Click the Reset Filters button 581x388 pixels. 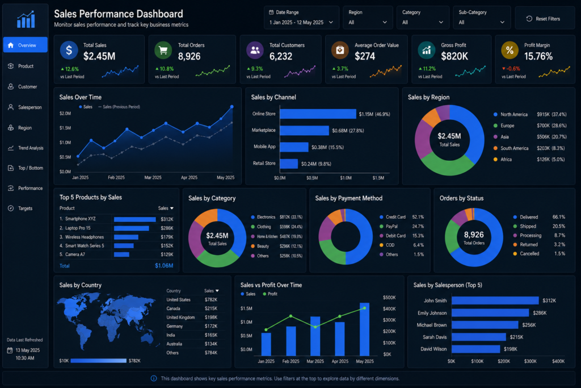pos(544,19)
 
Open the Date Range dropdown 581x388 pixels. pos(301,18)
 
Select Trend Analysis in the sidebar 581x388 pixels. pos(26,148)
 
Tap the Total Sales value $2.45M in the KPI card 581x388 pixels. pos(99,56)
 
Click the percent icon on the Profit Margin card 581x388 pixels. pos(510,51)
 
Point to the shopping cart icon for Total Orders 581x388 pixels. pos(163,51)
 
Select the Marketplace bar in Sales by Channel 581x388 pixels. pos(304,131)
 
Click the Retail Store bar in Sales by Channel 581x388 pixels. pos(289,164)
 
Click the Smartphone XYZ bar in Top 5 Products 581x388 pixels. pos(135,219)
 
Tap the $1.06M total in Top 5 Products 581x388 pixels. pos(164,266)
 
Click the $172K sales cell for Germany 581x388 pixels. pos(211,326)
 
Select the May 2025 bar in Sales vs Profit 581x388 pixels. pos(365,329)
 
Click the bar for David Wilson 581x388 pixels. pos(476,349)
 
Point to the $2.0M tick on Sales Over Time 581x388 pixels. pos(65,114)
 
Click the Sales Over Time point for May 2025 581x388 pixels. pos(232,107)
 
